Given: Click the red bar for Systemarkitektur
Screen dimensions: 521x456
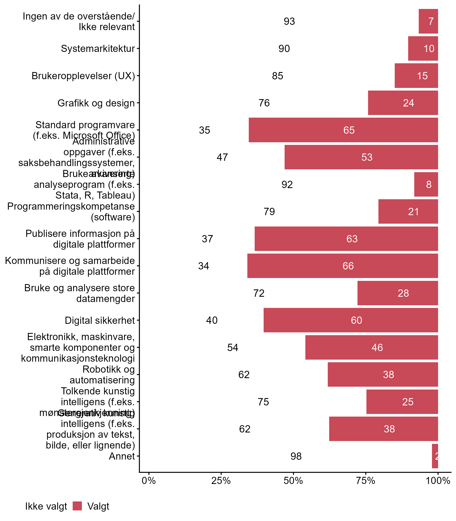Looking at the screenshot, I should pyautogui.click(x=423, y=48).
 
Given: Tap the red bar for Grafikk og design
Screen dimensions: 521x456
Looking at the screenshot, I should pyautogui.click(x=403, y=103).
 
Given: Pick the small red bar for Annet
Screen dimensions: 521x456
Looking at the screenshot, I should pyautogui.click(x=435, y=456).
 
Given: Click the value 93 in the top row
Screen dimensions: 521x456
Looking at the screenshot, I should pyautogui.click(x=289, y=21).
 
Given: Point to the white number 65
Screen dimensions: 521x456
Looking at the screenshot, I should pyautogui.click(x=349, y=130).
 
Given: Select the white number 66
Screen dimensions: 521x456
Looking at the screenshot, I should pyautogui.click(x=348, y=266).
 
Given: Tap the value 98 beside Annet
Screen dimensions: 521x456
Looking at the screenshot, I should pyautogui.click(x=296, y=456).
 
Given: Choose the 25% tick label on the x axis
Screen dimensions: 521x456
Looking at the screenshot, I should pyautogui.click(x=221, y=481).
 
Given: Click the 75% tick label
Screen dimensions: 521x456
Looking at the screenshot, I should pyautogui.click(x=366, y=481).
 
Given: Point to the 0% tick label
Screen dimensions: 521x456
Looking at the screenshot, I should pyautogui.click(x=149, y=481).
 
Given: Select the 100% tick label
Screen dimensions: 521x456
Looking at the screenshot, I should pyautogui.click(x=438, y=481).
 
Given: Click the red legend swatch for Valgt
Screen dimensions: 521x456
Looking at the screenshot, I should pyautogui.click(x=77, y=506).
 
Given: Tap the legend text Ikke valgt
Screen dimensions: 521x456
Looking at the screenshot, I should pyautogui.click(x=46, y=507).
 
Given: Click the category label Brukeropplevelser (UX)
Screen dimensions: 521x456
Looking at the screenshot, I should pyautogui.click(x=83, y=76).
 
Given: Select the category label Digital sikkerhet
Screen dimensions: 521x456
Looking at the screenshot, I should pyautogui.click(x=100, y=321).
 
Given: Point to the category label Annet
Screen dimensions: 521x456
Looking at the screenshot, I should pyautogui.click(x=122, y=456).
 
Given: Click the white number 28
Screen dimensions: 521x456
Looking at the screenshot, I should pyautogui.click(x=403, y=293).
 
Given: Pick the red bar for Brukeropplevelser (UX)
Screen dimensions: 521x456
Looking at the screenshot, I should pyautogui.click(x=416, y=76).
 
